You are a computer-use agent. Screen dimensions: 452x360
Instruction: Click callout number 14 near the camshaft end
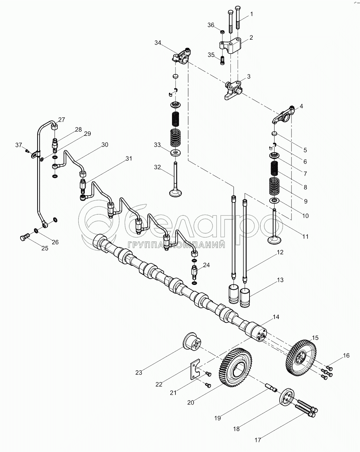click(x=276, y=317)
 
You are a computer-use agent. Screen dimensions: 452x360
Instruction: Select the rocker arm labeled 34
click(x=181, y=56)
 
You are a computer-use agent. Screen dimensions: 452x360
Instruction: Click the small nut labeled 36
click(x=223, y=32)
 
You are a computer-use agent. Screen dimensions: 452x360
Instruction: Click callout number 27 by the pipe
click(x=62, y=120)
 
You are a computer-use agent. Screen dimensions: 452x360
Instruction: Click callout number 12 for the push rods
click(x=280, y=252)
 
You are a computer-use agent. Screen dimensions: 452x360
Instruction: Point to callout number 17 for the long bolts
click(x=257, y=440)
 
